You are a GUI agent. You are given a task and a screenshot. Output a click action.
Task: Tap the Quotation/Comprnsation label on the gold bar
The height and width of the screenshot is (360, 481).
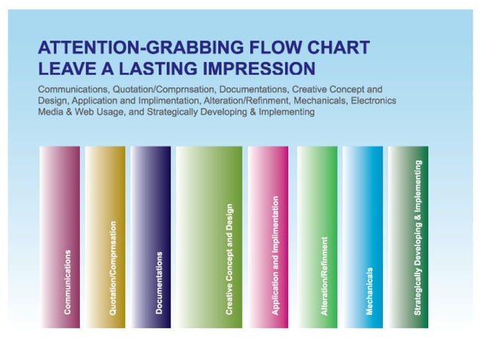click(114, 267)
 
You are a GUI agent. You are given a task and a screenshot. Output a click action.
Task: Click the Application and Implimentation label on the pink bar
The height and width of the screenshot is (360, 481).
click(276, 256)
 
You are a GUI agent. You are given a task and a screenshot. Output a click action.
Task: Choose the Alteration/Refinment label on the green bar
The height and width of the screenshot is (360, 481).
click(325, 276)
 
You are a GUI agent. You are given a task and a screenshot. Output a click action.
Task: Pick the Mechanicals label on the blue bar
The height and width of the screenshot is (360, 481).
click(370, 291)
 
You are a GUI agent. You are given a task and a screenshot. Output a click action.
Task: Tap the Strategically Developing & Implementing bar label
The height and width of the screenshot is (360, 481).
click(418, 237)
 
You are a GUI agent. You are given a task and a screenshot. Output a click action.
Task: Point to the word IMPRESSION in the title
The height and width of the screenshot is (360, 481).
click(250, 69)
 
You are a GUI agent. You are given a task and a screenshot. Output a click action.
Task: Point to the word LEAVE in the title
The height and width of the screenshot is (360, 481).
click(64, 69)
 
